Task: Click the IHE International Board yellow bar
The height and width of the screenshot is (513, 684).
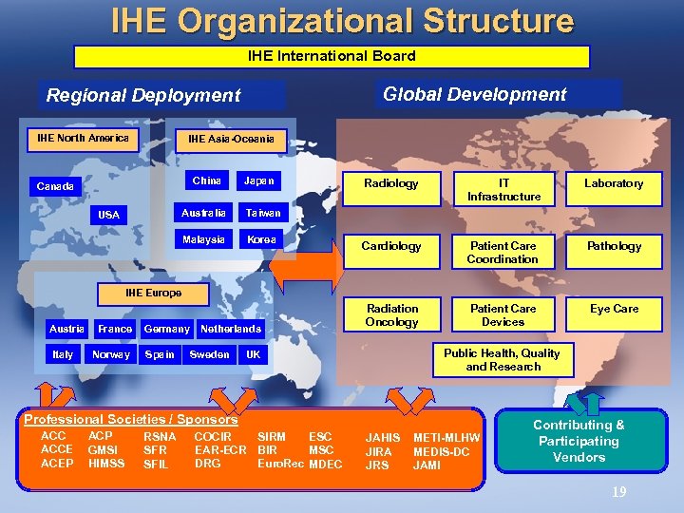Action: (x=332, y=57)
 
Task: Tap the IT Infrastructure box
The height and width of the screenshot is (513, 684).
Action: (x=503, y=189)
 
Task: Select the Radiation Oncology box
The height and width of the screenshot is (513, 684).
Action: (x=390, y=314)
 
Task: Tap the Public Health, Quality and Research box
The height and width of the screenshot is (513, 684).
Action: (x=502, y=359)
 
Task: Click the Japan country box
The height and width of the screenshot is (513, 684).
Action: (x=258, y=180)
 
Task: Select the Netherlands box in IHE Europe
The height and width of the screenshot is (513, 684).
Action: (x=230, y=329)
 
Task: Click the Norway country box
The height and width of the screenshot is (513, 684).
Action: (x=111, y=354)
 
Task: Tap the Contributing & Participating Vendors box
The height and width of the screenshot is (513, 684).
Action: (x=579, y=442)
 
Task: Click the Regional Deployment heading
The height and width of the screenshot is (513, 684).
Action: (x=143, y=95)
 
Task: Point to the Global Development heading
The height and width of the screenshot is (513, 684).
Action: (x=474, y=94)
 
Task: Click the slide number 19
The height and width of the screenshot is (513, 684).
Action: (x=618, y=491)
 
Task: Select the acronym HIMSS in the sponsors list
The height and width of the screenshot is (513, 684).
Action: (x=105, y=464)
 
